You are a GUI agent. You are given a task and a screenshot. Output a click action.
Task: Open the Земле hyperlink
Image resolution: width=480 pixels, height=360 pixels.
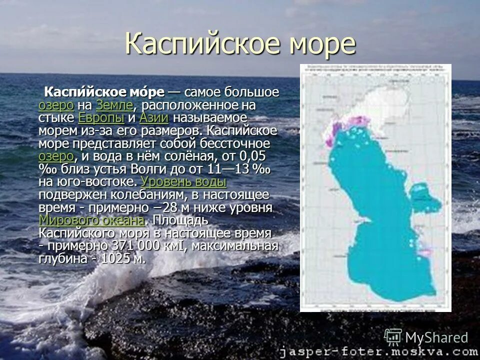point(114,105)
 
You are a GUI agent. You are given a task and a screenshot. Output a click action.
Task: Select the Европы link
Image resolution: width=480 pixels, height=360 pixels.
point(101,118)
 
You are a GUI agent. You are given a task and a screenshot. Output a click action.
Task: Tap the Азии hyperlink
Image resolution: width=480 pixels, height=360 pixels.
point(153,118)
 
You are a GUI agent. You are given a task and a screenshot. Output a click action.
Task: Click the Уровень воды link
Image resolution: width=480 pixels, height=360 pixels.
point(184,181)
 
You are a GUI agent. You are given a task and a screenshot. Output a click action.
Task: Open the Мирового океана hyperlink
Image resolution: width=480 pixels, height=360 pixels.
point(92,220)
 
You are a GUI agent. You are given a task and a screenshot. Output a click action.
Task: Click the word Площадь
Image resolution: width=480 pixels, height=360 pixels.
point(180,220)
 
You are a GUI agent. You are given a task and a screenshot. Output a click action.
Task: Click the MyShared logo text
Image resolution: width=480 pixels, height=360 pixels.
point(436,337)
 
